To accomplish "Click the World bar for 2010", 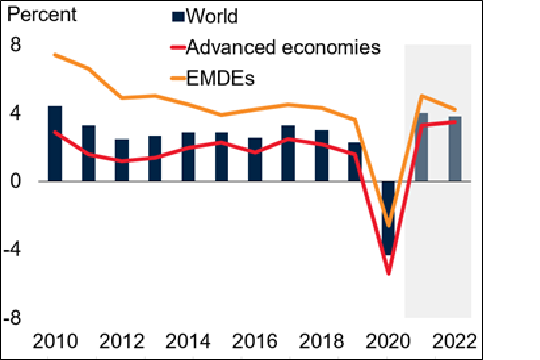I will coord(55,143).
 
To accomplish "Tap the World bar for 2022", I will coord(455,149).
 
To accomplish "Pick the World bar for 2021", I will coord(421,147).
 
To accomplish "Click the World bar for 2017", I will coord(288,153).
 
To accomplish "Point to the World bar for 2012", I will coord(121,160).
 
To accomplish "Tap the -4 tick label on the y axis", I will coord(19,249).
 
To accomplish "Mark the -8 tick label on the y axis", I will coord(19,318).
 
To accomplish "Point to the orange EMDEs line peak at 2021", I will coord(421,96).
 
